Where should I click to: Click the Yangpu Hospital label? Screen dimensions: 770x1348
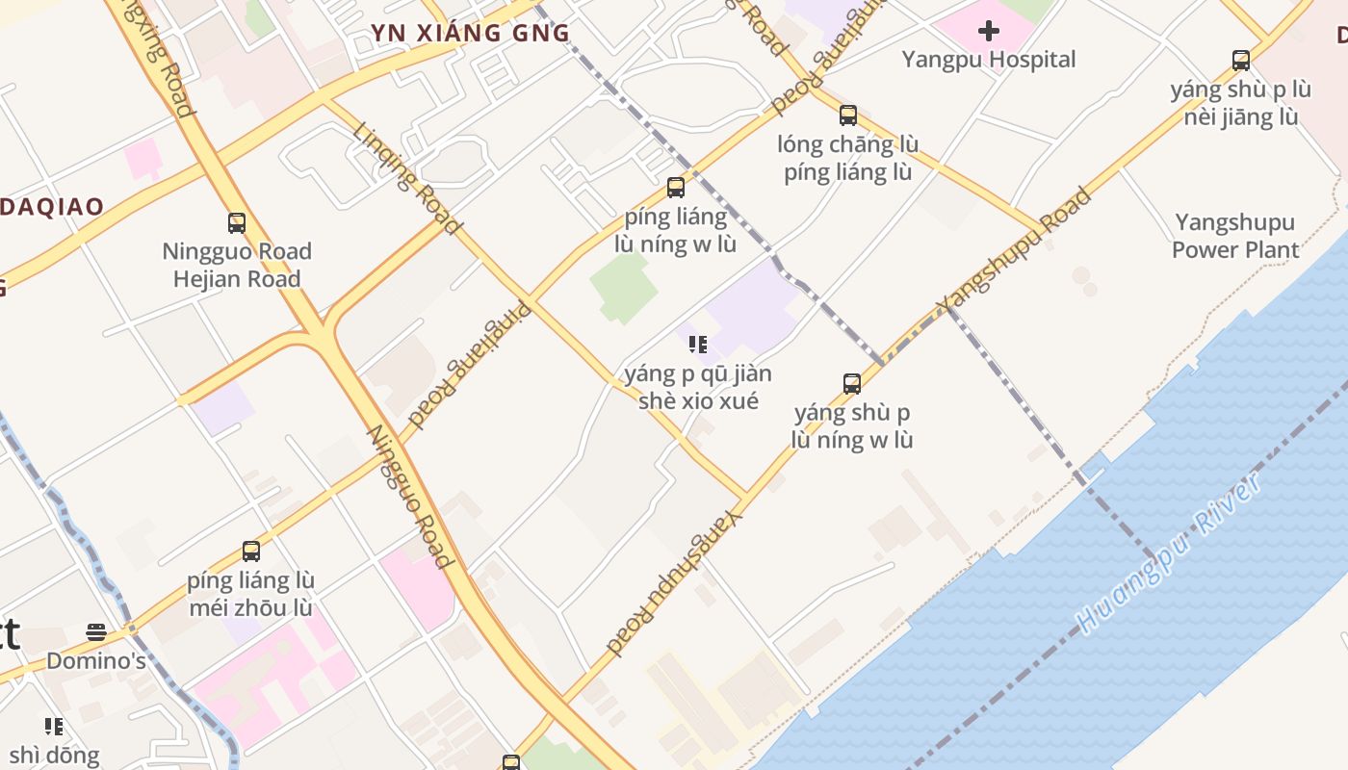point(988,60)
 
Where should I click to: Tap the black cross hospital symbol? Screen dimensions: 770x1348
point(988,31)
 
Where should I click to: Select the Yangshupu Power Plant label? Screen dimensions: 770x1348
point(1234,236)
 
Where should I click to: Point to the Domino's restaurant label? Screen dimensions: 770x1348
point(96,661)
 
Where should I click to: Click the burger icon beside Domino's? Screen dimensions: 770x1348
point(95,632)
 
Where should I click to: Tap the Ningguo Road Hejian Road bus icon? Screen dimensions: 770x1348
point(237,223)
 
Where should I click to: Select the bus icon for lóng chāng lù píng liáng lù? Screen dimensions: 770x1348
point(847,115)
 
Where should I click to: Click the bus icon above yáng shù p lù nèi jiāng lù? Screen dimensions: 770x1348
point(1241,61)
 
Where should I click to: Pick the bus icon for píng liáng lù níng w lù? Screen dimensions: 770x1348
point(676,188)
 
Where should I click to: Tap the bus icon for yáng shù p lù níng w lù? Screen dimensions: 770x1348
point(851,384)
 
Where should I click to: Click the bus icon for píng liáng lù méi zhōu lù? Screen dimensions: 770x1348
point(251,552)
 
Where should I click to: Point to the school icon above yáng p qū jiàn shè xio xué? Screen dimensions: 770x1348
point(698,345)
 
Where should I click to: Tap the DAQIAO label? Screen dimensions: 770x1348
point(52,207)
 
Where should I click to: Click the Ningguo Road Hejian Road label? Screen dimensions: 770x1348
point(237,265)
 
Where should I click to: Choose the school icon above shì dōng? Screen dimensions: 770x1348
point(53,726)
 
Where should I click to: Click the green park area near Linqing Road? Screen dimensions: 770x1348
point(622,286)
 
